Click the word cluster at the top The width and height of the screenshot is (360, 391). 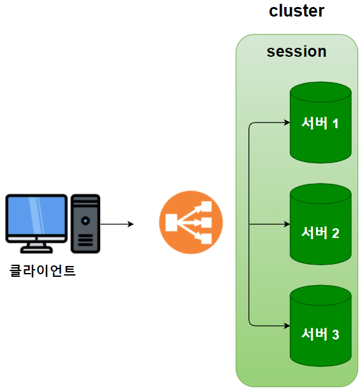pos(296,11)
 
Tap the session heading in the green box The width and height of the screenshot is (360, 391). pos(296,52)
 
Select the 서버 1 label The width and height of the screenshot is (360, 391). pos(320,123)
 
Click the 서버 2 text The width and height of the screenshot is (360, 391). pos(320,233)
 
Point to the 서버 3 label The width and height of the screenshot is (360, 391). pos(320,334)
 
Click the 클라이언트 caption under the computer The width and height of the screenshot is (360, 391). pos(42,270)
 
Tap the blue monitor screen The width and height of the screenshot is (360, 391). pos(36,215)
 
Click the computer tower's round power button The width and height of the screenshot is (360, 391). pos(85,221)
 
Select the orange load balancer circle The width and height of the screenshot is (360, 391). pos(191,223)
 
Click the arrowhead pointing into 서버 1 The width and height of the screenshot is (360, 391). pos(287,122)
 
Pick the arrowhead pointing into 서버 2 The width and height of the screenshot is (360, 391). pos(287,225)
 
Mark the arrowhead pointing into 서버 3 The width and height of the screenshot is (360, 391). pos(287,326)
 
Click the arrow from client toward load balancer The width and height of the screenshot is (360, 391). pos(117,224)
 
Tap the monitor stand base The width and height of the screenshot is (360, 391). pos(36,249)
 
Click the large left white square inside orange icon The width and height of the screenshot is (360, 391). pos(171,223)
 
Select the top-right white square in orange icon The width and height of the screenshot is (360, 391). pos(206,207)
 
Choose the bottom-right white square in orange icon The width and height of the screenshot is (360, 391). pos(206,239)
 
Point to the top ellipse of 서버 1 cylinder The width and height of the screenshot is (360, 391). pos(320,92)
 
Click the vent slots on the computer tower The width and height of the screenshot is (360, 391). pos(85,240)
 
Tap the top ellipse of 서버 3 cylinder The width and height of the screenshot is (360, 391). pos(320,295)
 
